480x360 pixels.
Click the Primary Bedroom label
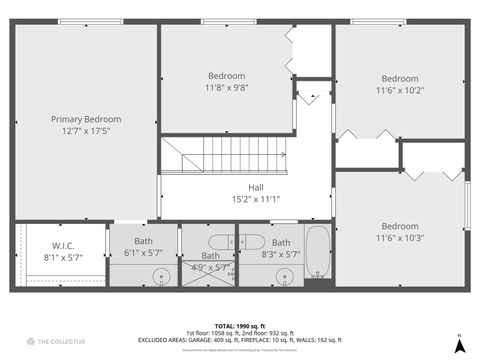tap(85, 119)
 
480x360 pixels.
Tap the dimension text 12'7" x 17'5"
tap(85, 131)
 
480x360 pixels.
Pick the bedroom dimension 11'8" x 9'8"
tap(226, 88)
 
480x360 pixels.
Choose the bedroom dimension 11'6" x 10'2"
tap(400, 90)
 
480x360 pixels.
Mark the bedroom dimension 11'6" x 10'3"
tap(400, 238)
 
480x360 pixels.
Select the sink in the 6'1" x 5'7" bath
tap(160, 276)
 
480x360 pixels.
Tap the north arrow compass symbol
tap(458, 345)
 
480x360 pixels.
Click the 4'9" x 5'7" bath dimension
tap(205, 266)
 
